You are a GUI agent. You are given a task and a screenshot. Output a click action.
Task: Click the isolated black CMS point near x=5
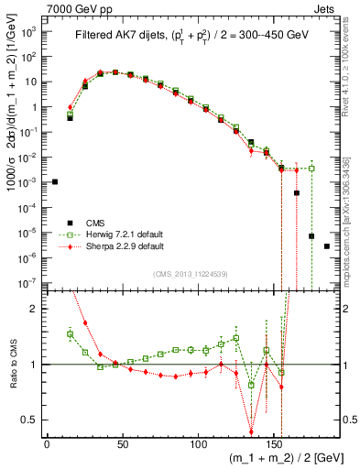[55, 181]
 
